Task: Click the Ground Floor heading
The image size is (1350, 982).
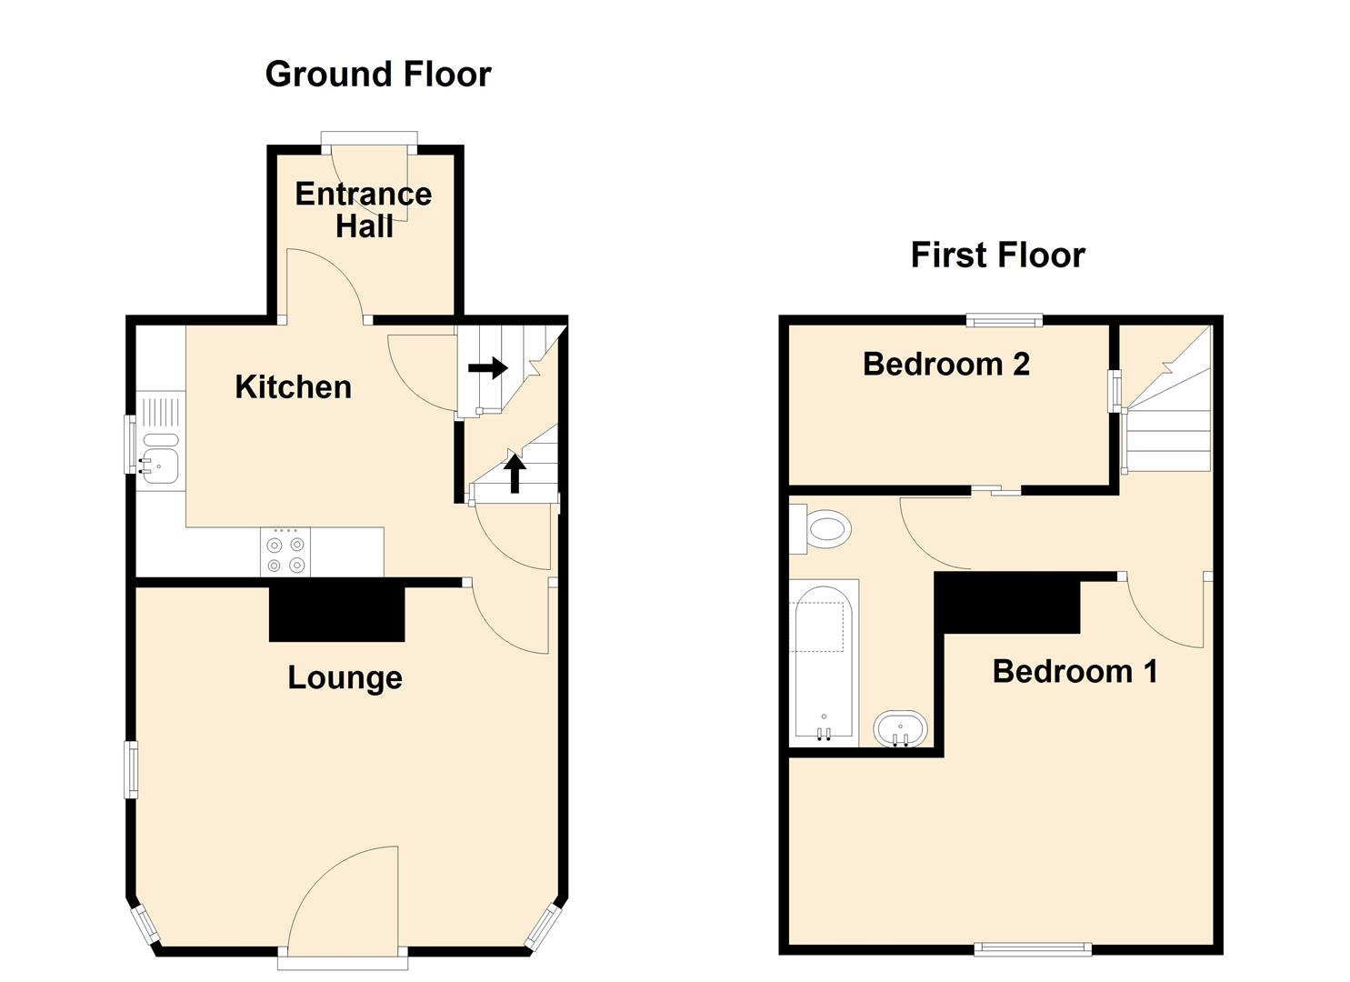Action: click(x=378, y=75)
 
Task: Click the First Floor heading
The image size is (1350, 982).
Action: click(x=998, y=255)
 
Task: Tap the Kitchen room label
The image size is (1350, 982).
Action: click(x=294, y=387)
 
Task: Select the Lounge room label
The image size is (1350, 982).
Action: click(x=345, y=677)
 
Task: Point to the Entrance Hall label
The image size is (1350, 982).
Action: click(x=364, y=210)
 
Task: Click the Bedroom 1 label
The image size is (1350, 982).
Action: click(x=1075, y=672)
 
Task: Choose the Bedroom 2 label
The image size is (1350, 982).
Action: click(x=946, y=364)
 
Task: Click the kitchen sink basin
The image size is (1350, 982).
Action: click(x=159, y=466)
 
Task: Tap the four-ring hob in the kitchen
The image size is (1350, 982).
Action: click(x=285, y=552)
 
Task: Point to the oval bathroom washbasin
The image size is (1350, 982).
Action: click(x=900, y=728)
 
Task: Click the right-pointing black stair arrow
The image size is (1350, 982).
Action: click(x=488, y=367)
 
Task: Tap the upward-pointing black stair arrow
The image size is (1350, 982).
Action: click(x=514, y=473)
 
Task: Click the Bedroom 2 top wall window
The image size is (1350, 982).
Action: click(x=1005, y=319)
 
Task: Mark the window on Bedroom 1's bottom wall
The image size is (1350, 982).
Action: click(x=1033, y=949)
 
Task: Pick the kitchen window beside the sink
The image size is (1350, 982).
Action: click(x=130, y=445)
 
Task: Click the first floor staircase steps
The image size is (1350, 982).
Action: click(x=1168, y=416)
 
